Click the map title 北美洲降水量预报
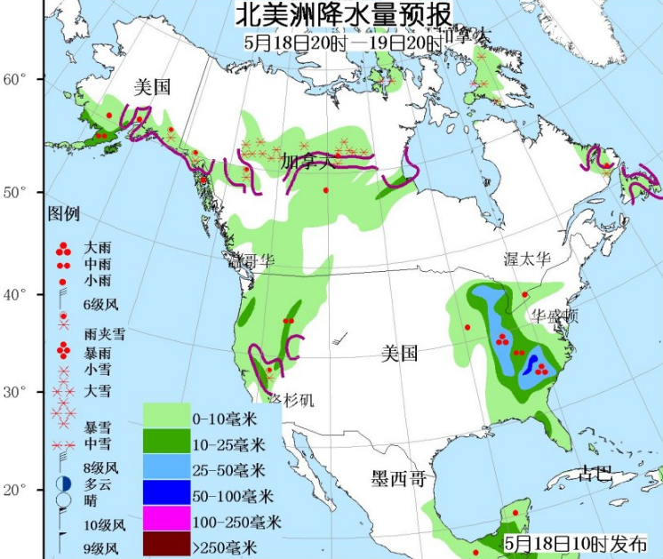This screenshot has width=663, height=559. tap(342, 15)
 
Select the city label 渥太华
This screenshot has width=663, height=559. tap(528, 259)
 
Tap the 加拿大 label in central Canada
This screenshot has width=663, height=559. tap(308, 163)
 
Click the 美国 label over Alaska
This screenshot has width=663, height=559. tap(151, 87)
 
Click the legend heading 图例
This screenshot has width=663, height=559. tap(64, 214)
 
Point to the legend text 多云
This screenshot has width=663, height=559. tap(97, 483)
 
